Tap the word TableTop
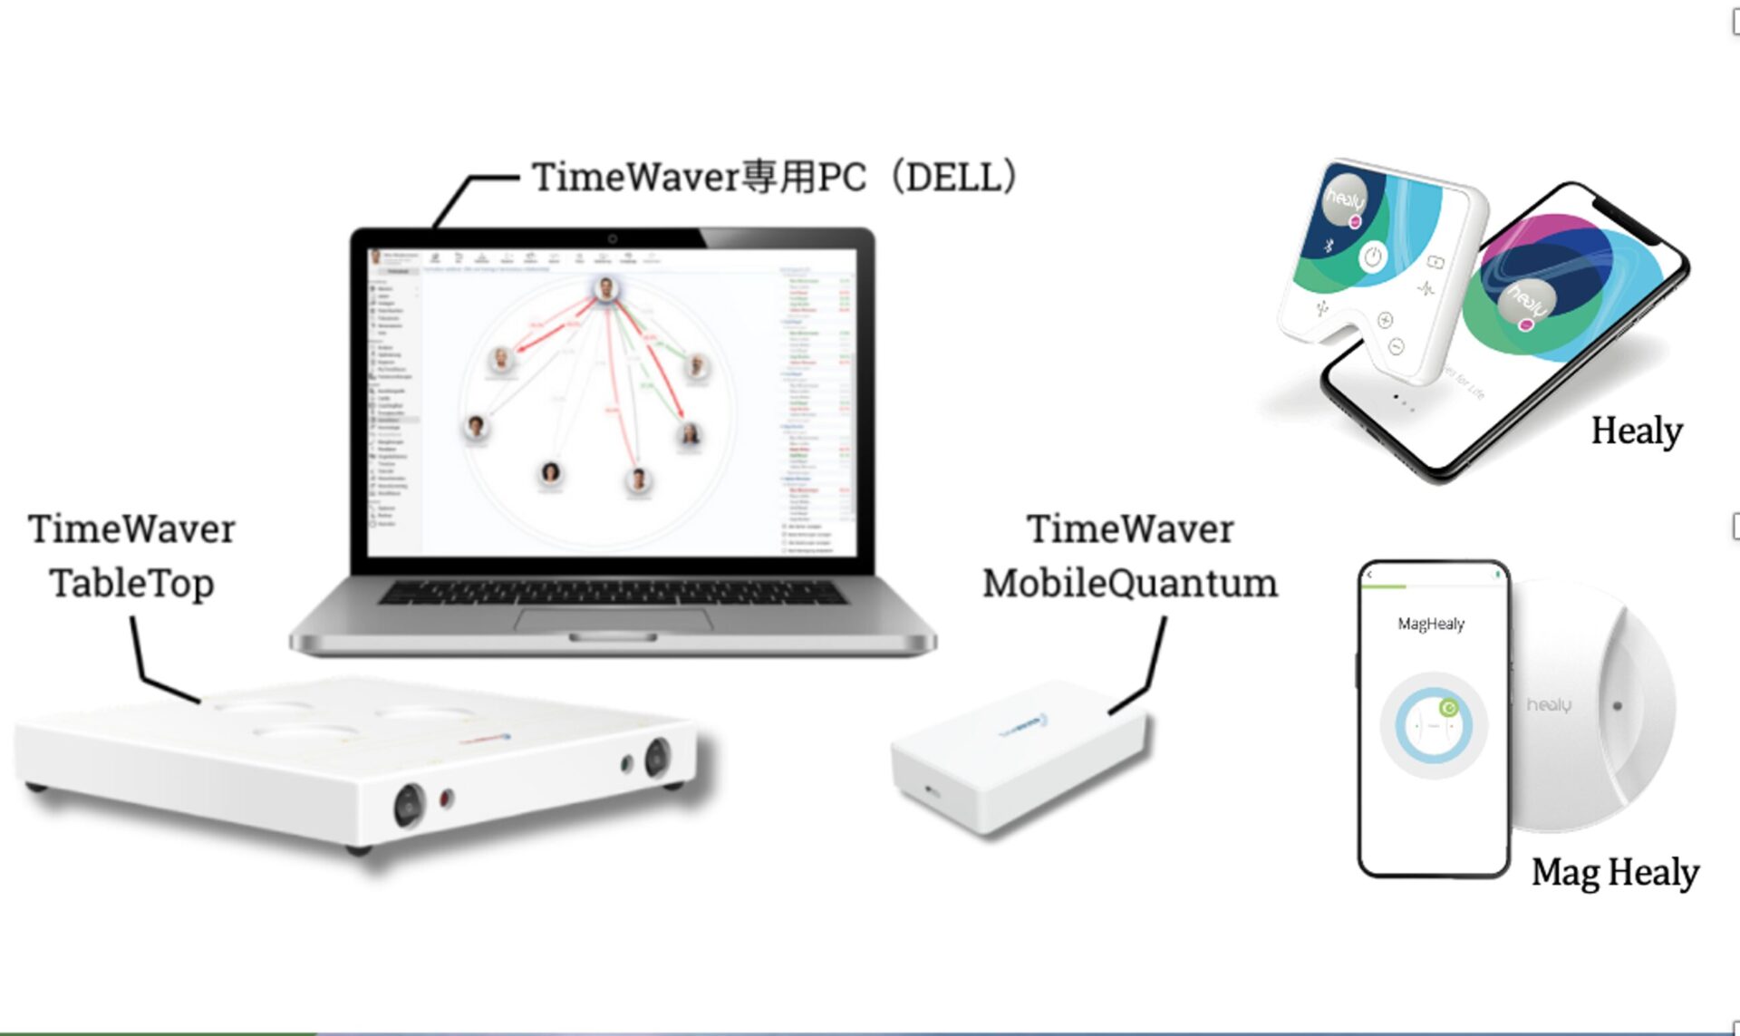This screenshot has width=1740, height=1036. [x=132, y=583]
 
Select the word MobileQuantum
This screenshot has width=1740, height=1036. [x=1130, y=583]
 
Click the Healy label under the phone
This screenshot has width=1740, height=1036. [x=1637, y=431]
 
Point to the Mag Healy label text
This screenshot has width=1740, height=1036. [x=1615, y=872]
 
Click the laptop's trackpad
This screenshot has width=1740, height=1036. [x=613, y=621]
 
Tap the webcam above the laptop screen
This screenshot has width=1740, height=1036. [x=613, y=238]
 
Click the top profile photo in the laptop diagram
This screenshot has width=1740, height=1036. [x=606, y=289]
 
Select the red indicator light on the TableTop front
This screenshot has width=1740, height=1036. [x=445, y=799]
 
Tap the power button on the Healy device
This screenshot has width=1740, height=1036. [x=1373, y=257]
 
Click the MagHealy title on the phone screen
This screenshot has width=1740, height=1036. [x=1431, y=624]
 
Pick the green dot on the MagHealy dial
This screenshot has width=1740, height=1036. [x=1448, y=708]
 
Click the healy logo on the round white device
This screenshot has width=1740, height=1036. [x=1549, y=704]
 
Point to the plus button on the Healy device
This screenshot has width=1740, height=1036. [x=1385, y=320]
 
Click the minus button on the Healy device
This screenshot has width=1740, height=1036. [x=1397, y=347]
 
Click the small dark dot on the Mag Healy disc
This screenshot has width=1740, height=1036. [x=1618, y=705]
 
